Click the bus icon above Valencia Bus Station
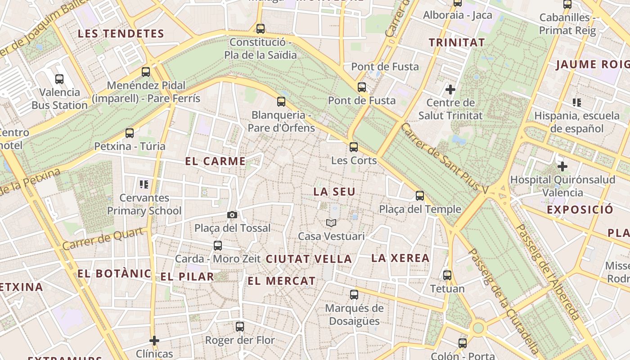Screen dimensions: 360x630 (59, 79)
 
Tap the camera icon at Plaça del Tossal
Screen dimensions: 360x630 (232, 215)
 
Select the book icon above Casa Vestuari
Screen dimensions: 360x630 (331, 223)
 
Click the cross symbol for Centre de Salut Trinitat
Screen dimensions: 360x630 (450, 90)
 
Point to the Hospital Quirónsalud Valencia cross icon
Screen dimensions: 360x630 (562, 167)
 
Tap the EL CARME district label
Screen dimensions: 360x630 (216, 161)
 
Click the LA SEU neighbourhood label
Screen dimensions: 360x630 (334, 192)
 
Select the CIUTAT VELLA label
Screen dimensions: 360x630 (309, 259)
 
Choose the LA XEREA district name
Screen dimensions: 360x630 (400, 258)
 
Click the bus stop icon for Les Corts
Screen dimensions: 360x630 (354, 147)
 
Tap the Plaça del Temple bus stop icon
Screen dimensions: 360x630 (420, 196)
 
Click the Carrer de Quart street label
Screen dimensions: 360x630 (105, 239)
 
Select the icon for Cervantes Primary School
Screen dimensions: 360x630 (144, 184)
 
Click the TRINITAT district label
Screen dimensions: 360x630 (457, 43)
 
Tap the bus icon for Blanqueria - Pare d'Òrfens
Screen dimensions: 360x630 (281, 102)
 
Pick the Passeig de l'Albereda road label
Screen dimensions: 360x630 (546, 272)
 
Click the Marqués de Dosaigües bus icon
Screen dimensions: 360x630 (354, 295)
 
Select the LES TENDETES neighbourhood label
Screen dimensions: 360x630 (121, 34)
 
